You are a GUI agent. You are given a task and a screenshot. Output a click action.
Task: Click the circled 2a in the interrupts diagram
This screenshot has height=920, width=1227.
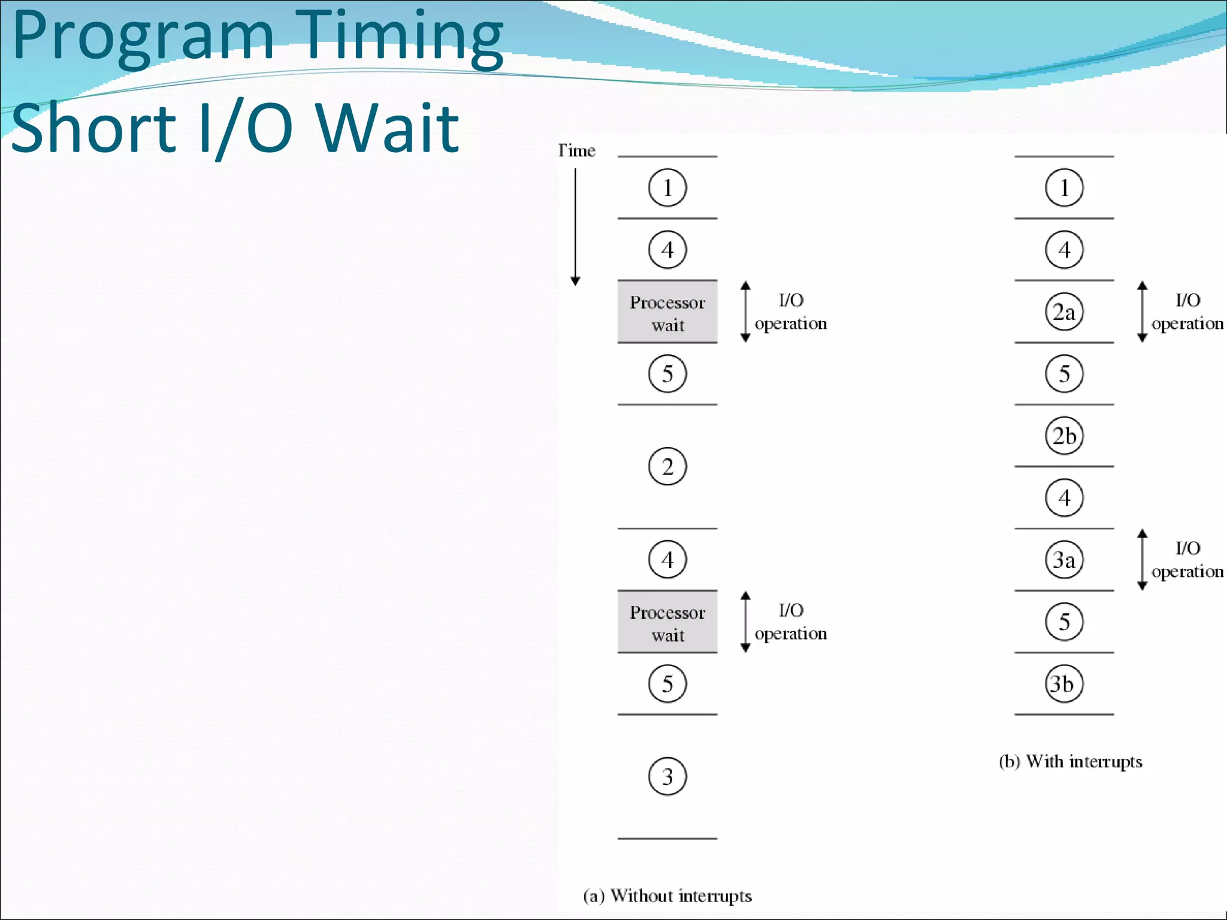pyautogui.click(x=1064, y=312)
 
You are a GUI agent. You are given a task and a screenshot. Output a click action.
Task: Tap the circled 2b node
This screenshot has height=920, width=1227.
pyautogui.click(x=1064, y=436)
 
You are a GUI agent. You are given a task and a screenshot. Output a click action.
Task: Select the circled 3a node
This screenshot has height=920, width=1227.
pyautogui.click(x=1064, y=560)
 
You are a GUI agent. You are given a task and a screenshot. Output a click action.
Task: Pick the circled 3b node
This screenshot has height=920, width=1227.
pyautogui.click(x=1064, y=683)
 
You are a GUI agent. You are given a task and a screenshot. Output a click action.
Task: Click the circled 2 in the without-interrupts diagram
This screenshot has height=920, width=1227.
pyautogui.click(x=667, y=467)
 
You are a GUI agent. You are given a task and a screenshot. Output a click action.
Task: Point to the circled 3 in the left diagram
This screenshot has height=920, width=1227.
pyautogui.click(x=667, y=776)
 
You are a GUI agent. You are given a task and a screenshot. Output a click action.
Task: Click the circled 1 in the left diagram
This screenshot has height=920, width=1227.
pyautogui.click(x=667, y=188)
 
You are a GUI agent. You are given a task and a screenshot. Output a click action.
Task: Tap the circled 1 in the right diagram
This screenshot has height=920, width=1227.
pyautogui.click(x=1064, y=188)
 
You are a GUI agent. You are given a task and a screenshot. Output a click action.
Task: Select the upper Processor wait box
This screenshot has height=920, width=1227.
pyautogui.click(x=667, y=312)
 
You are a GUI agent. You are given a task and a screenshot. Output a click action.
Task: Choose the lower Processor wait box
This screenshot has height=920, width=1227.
pyautogui.click(x=667, y=622)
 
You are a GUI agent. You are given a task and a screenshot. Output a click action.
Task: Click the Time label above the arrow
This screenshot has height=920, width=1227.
pyautogui.click(x=576, y=150)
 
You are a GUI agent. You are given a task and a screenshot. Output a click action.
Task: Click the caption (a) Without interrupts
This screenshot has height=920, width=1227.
pyautogui.click(x=667, y=896)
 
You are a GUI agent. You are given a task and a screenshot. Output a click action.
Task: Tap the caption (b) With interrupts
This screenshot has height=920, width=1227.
pyautogui.click(x=1070, y=761)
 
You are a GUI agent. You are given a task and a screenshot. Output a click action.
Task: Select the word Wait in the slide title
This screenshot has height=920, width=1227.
pyautogui.click(x=388, y=128)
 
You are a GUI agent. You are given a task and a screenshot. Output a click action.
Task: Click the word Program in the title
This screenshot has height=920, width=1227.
pyautogui.click(x=143, y=37)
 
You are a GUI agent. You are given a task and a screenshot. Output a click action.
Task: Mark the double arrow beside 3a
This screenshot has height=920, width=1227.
pyautogui.click(x=1142, y=560)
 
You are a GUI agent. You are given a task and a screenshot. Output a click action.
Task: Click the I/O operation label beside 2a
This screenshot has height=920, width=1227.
pyautogui.click(x=1187, y=312)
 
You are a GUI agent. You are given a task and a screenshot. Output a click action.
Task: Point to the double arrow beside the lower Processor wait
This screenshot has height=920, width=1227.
pyautogui.click(x=745, y=622)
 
